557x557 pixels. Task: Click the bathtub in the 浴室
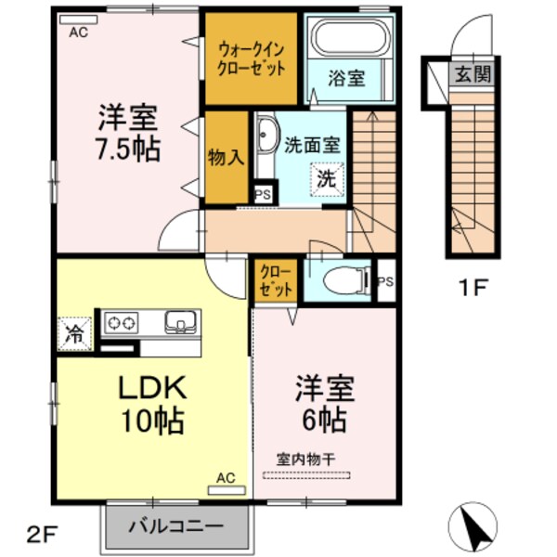[349, 38]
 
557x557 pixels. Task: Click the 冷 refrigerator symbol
[73, 334]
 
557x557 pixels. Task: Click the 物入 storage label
[226, 157]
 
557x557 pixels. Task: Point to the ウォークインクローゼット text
[251, 58]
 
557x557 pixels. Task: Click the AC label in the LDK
[226, 477]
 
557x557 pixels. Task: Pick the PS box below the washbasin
[263, 193]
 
